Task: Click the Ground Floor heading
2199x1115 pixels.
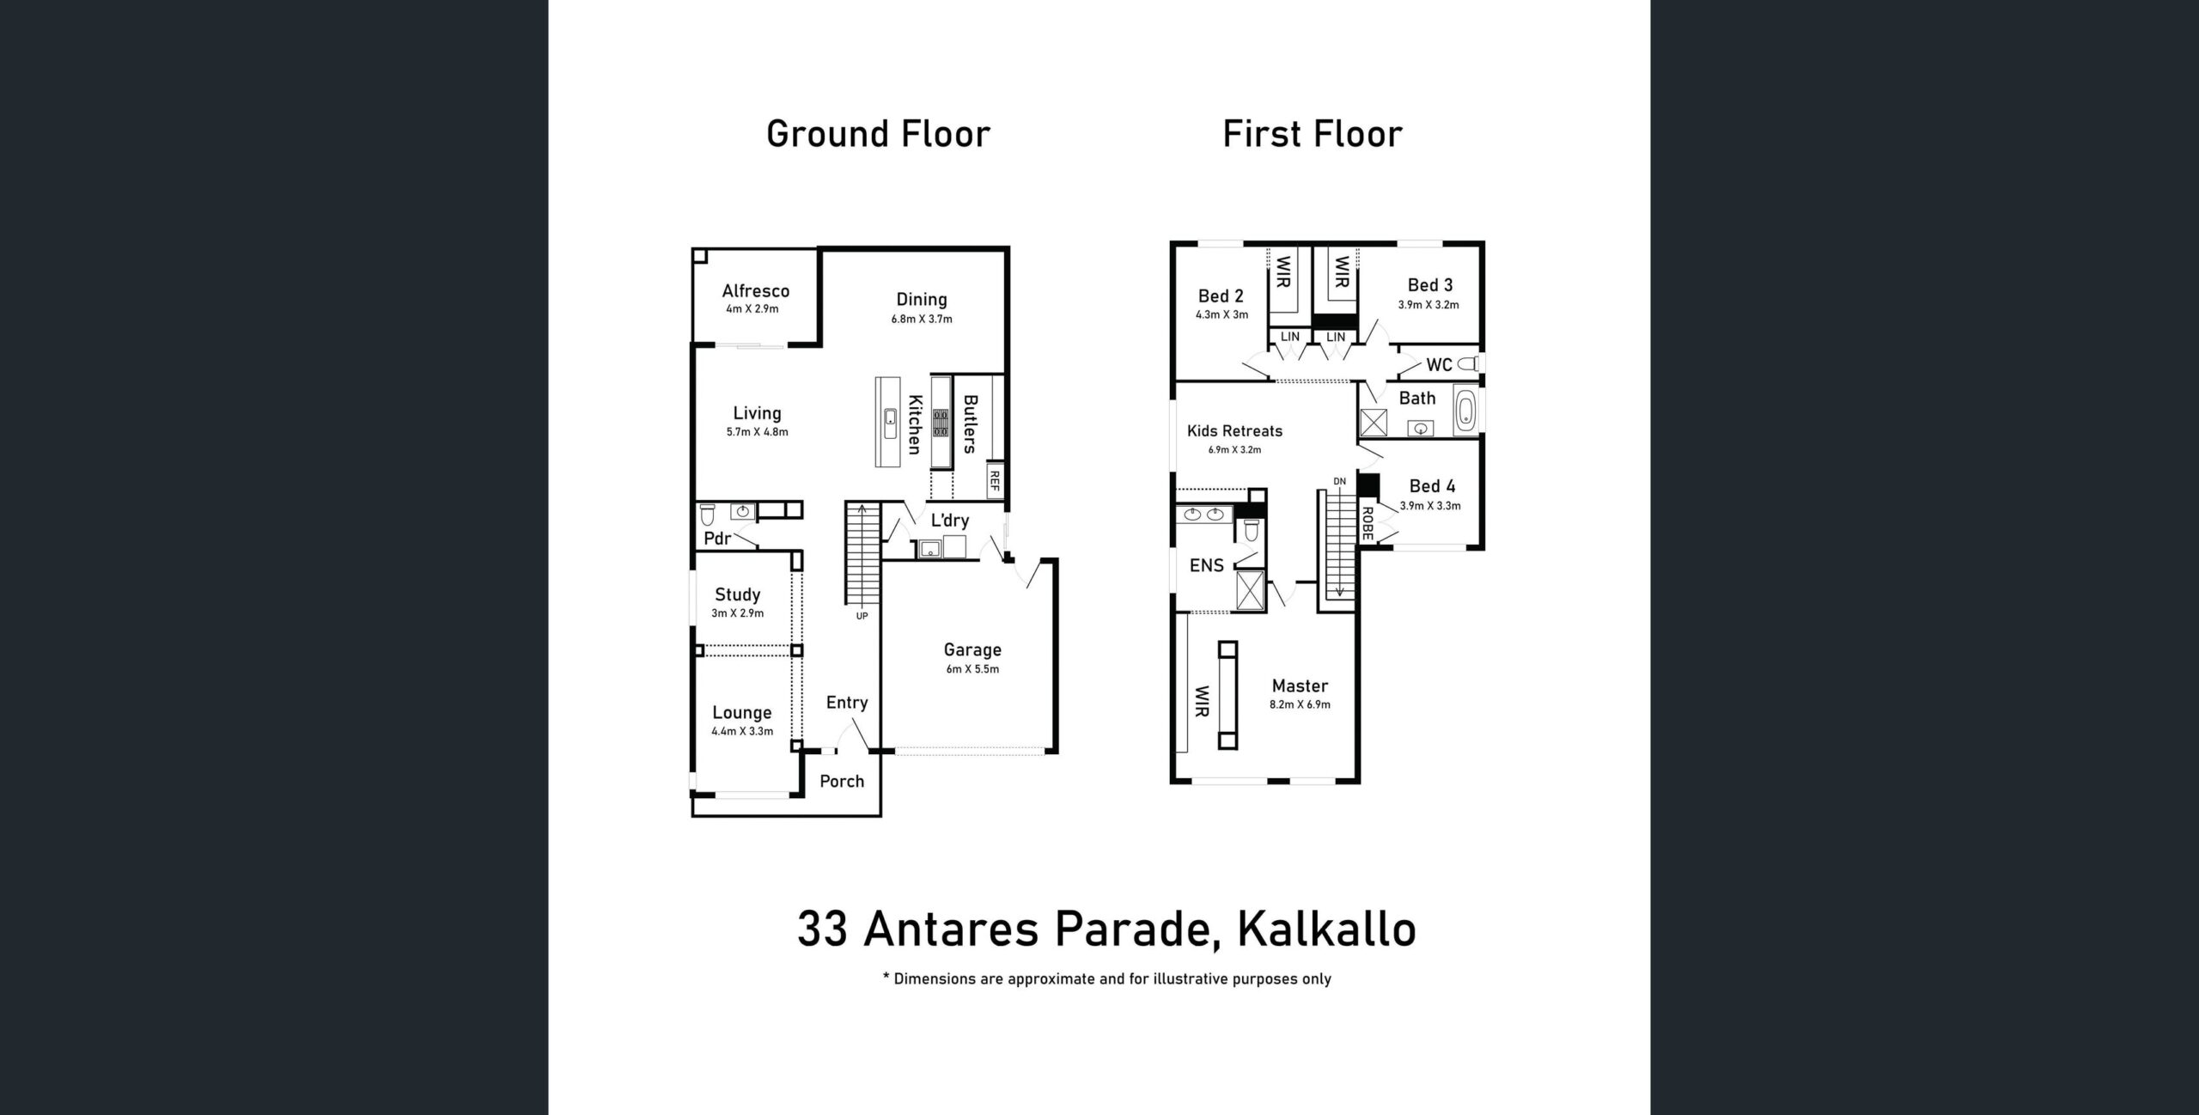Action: click(878, 134)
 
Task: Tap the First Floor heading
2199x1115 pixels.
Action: click(1313, 134)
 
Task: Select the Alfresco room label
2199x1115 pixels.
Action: click(755, 291)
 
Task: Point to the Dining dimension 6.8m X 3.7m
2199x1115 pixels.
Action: click(922, 320)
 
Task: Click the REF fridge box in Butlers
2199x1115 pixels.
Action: click(995, 482)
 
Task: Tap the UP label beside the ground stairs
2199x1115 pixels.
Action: click(862, 616)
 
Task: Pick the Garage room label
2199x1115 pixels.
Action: click(972, 650)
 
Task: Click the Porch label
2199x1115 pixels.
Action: click(842, 781)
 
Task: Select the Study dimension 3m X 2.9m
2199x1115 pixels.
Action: click(737, 613)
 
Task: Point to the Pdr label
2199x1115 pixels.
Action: click(717, 539)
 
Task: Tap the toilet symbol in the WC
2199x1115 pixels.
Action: click(1468, 364)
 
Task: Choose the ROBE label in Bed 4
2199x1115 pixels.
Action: click(1367, 524)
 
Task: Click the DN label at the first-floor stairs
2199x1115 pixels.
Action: click(1339, 482)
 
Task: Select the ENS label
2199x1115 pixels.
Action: click(1206, 565)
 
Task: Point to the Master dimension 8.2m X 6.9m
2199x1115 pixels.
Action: click(1300, 705)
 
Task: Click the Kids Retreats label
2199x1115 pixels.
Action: click(1234, 431)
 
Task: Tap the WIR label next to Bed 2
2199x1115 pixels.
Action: click(1283, 272)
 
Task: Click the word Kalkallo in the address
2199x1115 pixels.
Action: click(1326, 929)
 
